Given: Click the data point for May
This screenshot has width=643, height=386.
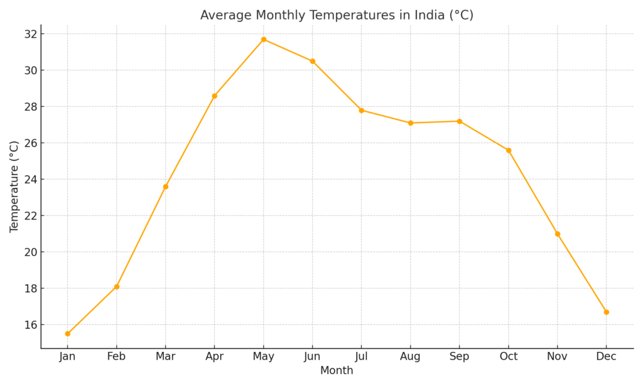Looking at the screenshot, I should (264, 40).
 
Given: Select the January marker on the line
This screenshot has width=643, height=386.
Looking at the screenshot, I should (68, 334).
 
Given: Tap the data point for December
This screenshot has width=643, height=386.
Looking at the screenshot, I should (606, 312).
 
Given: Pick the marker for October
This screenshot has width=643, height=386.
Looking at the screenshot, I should (509, 150).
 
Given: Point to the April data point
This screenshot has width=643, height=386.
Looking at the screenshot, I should (215, 96).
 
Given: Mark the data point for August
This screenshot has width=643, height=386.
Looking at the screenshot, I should (411, 123).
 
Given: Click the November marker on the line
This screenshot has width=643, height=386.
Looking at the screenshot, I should (558, 234).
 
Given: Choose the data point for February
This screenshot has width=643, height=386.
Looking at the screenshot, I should (117, 287).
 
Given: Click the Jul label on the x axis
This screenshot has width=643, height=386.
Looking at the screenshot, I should (361, 356).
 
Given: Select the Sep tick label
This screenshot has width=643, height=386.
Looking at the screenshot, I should (459, 356).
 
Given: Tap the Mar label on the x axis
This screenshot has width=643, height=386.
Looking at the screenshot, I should (165, 356).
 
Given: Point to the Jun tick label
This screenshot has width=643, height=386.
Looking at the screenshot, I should (312, 356).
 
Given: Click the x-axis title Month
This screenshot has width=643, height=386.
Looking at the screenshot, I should (337, 371).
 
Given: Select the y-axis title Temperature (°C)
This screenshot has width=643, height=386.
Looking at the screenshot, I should (14, 186).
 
